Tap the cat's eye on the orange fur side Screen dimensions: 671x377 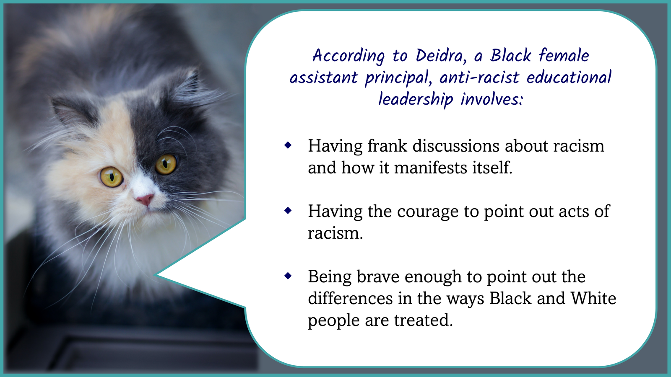click(112, 177)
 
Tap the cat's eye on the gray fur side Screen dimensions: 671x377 click(166, 164)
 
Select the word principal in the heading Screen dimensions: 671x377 click(398, 78)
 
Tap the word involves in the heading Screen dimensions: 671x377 click(492, 99)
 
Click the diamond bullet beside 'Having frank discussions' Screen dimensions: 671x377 click(288, 145)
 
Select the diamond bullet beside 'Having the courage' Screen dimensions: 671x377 click(288, 211)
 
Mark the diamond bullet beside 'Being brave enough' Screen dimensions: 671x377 click(288, 276)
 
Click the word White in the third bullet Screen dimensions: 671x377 click(593, 298)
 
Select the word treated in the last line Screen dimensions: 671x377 click(423, 320)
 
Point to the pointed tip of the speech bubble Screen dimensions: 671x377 click(156, 275)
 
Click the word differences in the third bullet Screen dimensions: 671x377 click(350, 298)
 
